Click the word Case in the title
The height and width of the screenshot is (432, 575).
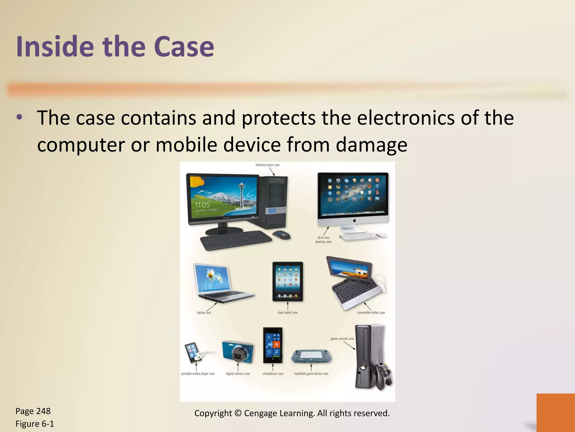pyautogui.click(x=184, y=46)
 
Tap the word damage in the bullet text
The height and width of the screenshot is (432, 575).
pyautogui.click(x=371, y=145)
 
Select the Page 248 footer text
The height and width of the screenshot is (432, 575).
pyautogui.click(x=33, y=411)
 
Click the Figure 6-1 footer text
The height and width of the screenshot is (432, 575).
pyautogui.click(x=35, y=424)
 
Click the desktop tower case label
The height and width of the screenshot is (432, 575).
pyautogui.click(x=267, y=165)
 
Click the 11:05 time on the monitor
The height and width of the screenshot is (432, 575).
pyautogui.click(x=202, y=205)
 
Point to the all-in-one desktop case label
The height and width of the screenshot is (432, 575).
pyautogui.click(x=323, y=240)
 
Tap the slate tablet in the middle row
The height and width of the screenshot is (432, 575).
pyautogui.click(x=287, y=281)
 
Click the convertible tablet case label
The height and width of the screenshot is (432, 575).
pyautogui.click(x=371, y=312)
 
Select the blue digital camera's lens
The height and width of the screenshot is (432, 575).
pyautogui.click(x=239, y=355)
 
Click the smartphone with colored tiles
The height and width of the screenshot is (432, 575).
pyautogui.click(x=273, y=345)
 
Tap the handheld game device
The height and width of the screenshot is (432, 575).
pyautogui.click(x=311, y=356)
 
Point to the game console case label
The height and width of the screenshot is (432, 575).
pyautogui.click(x=342, y=339)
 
